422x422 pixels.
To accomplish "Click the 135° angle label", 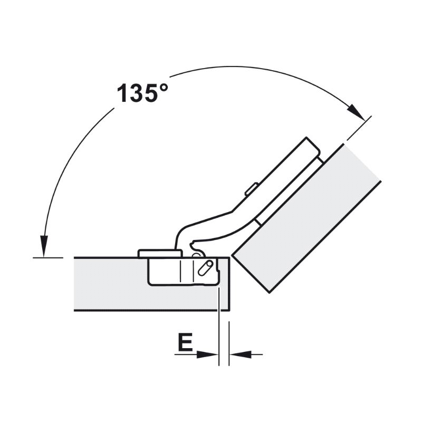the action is click(x=142, y=93).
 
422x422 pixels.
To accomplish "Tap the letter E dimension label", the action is click(x=185, y=342).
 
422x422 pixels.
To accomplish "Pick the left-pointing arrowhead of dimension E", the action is click(x=241, y=354).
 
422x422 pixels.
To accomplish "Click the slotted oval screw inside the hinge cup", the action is click(x=206, y=268).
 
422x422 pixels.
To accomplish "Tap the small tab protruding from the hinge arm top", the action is click(x=252, y=189).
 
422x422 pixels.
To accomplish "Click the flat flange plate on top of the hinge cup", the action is click(x=160, y=254).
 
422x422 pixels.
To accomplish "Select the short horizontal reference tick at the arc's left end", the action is click(x=48, y=258).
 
